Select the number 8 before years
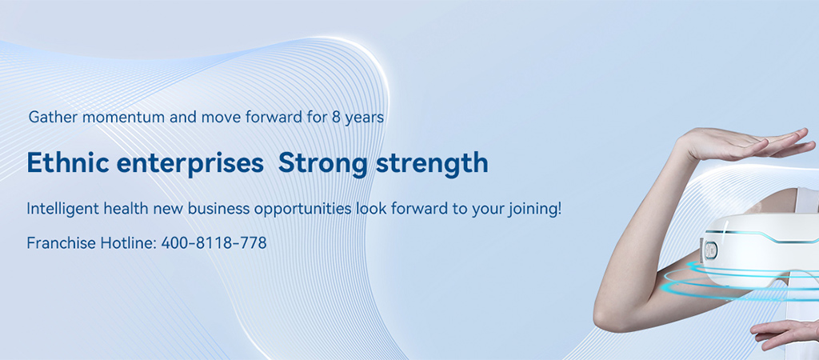point(337,118)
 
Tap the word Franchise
point(61,243)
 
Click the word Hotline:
point(129,243)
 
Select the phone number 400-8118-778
point(214,243)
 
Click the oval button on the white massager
point(711,250)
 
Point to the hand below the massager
point(785,334)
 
